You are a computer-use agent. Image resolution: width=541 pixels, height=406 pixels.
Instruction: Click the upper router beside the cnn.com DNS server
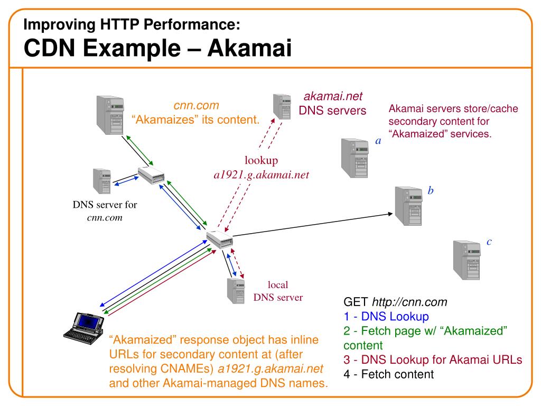click(152, 174)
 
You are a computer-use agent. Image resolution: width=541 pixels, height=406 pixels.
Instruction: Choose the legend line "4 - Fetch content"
click(388, 374)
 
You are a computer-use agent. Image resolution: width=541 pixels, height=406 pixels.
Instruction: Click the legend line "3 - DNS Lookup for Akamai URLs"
click(433, 360)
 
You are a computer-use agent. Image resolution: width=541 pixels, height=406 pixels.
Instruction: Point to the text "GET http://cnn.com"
click(395, 302)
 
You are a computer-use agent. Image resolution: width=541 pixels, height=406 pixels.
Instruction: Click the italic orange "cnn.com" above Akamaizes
click(197, 106)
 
